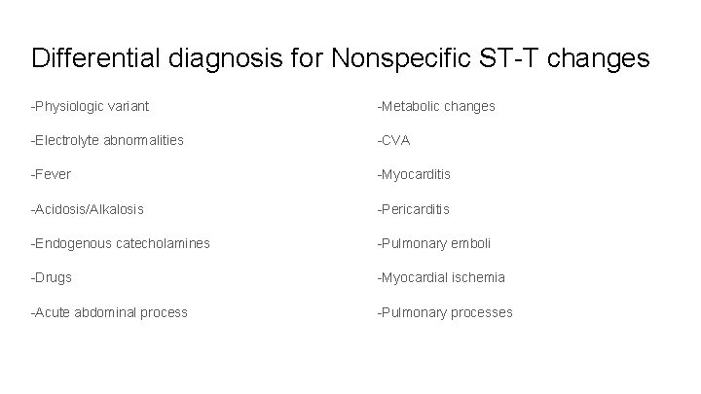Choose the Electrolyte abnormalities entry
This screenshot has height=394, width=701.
pyautogui.click(x=107, y=140)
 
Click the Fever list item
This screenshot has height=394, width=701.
pyautogui.click(x=53, y=174)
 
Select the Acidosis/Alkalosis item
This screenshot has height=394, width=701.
pyautogui.click(x=88, y=209)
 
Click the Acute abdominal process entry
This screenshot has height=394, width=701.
pyautogui.click(x=110, y=312)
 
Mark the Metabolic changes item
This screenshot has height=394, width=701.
pyautogui.click(x=437, y=106)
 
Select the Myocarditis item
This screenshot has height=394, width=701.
pyautogui.click(x=416, y=174)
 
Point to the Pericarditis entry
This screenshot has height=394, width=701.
pyautogui.click(x=416, y=209)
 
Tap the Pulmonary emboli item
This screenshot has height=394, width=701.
pyautogui.click(x=435, y=243)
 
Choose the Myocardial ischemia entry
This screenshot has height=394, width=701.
pyautogui.click(x=443, y=277)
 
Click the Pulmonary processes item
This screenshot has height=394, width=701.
pyautogui.click(x=446, y=312)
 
